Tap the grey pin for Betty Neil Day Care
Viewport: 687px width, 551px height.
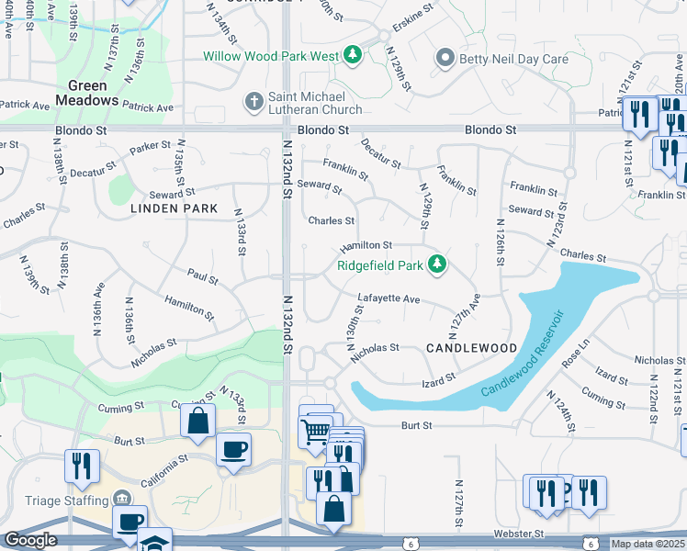click(445, 59)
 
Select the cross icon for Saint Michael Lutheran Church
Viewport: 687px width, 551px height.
click(253, 99)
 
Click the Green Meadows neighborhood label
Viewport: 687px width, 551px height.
click(87, 94)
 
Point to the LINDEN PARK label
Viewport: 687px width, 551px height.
click(175, 208)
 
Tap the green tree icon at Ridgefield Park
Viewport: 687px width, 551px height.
click(438, 265)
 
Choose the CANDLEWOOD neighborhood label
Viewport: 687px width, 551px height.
click(472, 348)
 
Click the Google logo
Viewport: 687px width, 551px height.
click(30, 540)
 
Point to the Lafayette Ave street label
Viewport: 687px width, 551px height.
click(389, 299)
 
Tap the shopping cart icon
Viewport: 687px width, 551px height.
click(315, 430)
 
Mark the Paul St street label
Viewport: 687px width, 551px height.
click(201, 277)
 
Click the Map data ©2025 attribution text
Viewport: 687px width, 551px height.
click(648, 544)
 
